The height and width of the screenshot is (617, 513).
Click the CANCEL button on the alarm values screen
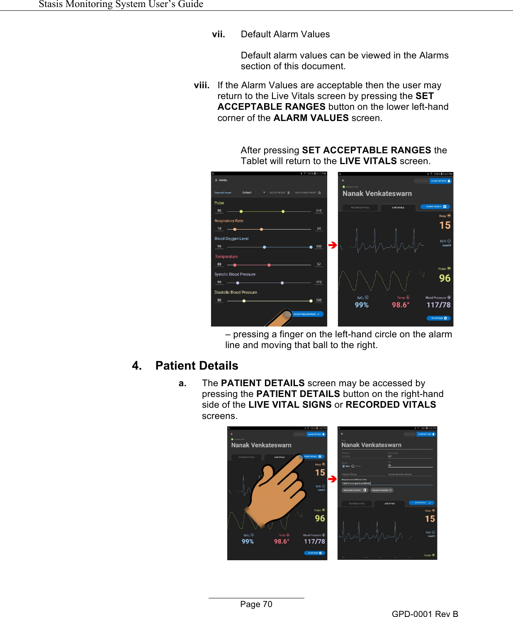pos(221,180)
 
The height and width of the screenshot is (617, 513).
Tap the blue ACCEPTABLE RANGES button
pos(306,314)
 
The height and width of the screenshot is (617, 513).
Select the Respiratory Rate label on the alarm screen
pos(229,221)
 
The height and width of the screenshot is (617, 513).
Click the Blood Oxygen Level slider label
pos(231,239)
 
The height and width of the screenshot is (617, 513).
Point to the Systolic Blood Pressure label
pos(235,274)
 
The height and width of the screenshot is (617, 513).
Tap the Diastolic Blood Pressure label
pos(236,292)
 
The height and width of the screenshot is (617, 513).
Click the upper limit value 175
pos(318,282)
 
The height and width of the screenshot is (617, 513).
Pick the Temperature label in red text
pos(226,256)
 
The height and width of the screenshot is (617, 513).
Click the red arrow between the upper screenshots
pos(333,245)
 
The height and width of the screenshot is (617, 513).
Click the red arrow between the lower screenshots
pos(332,479)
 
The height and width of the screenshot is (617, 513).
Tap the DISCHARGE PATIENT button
pos(354,490)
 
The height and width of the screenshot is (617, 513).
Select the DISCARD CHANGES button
pos(382,490)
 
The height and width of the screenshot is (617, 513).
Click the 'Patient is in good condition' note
pos(356,483)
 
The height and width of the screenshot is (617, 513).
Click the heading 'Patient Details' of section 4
pos(197,365)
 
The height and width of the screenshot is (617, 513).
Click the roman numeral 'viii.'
pos(202,85)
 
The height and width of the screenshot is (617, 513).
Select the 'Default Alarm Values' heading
pos(285,34)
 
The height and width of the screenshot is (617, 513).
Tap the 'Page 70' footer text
pos(256,604)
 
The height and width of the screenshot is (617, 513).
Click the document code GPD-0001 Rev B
pos(425,614)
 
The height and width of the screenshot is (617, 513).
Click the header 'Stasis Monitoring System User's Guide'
pos(121,5)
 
